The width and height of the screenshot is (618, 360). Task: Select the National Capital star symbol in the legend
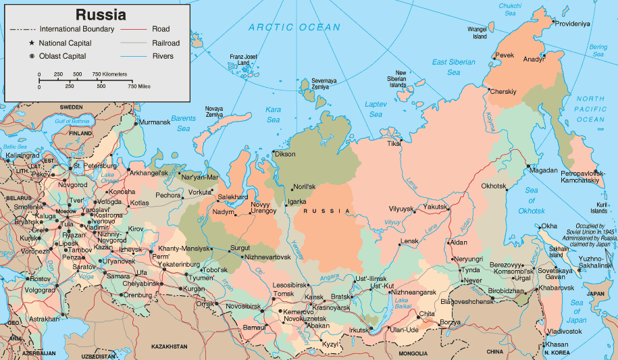point(32,43)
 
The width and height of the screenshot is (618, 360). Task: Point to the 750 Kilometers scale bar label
point(109,74)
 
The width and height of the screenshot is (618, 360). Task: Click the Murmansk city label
point(155,123)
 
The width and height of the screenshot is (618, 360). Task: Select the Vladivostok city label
point(564,332)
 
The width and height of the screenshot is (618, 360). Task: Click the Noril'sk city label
point(303,187)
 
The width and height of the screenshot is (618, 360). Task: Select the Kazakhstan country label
point(169,346)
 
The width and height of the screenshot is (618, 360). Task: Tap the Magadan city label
point(544,171)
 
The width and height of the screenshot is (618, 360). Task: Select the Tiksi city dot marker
point(401,140)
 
